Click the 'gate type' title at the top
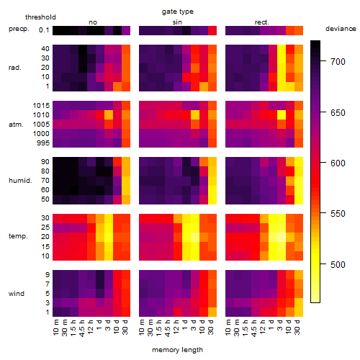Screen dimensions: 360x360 click(178, 12)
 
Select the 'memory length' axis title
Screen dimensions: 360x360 click(177, 350)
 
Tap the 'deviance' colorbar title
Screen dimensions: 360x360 click(341, 29)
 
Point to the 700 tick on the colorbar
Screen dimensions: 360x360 click(323, 61)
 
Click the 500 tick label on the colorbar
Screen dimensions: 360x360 click(338, 264)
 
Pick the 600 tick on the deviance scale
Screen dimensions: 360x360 click(323, 162)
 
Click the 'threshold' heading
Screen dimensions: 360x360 click(40, 17)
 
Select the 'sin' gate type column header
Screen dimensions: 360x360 click(177, 22)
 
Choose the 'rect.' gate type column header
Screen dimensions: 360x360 click(261, 22)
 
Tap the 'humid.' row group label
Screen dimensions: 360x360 click(20, 181)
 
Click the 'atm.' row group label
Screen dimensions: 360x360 click(16, 125)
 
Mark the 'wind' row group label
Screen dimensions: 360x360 click(17, 294)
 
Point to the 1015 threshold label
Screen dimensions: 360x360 click(41, 106)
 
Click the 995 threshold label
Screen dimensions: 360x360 click(43, 143)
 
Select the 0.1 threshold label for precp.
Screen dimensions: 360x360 click(44, 30)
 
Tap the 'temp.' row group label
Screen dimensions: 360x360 click(18, 236)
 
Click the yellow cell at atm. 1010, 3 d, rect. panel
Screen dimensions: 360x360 click(282, 115)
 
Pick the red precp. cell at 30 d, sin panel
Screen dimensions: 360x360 click(212, 30)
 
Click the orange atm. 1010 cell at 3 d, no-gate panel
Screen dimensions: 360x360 click(109, 115)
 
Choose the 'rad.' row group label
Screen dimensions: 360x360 click(15, 68)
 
